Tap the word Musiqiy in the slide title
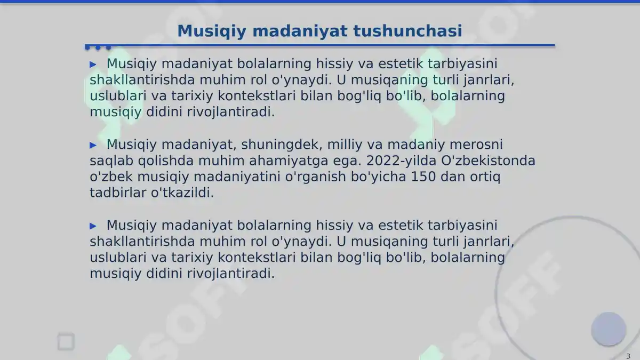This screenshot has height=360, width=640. coord(212,31)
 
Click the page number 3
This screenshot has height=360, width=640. coord(628,356)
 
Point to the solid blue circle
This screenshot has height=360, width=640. coord(608,329)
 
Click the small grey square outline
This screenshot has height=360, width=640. coord(66,342)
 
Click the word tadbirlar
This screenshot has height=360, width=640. coord(118,193)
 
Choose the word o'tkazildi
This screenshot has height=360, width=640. coord(182,193)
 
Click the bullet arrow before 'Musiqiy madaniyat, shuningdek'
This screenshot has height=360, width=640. coord(93,145)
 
